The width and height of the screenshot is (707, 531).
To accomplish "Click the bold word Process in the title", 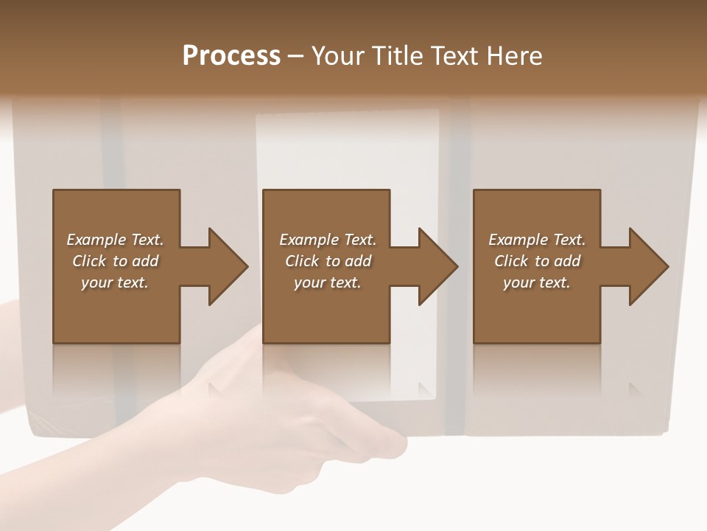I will pyautogui.click(x=231, y=56).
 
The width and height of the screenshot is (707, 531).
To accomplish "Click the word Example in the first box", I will pyautogui.click(x=96, y=240).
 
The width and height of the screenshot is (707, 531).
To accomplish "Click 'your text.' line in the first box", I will pyautogui.click(x=115, y=282).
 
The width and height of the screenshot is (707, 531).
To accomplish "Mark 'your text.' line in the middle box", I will pyautogui.click(x=327, y=282).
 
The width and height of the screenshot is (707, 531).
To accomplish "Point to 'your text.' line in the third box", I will pyautogui.click(x=536, y=282).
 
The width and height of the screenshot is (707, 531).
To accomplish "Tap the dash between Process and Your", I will pyautogui.click(x=295, y=56).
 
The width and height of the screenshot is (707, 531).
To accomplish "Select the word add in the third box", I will pyautogui.click(x=567, y=261).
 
